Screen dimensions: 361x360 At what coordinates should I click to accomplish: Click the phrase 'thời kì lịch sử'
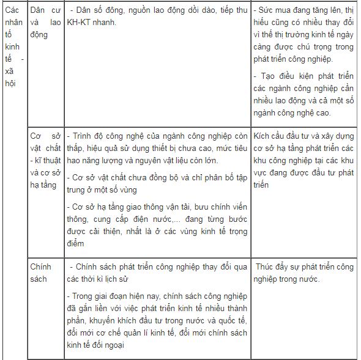pyautogui.click(x=111, y=279)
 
